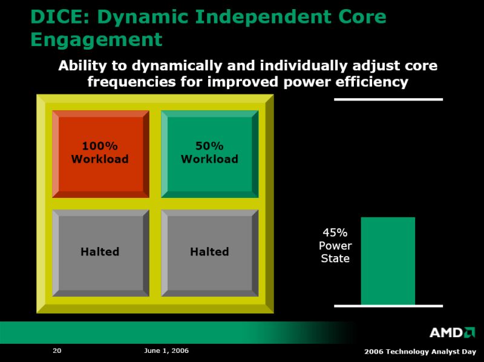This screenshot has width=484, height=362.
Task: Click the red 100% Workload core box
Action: (100, 154)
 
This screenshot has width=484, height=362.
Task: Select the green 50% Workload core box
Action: (210, 154)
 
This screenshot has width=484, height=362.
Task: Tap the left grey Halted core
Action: (100, 253)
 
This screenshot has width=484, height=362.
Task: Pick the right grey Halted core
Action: (210, 253)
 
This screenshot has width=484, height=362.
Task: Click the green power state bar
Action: (388, 262)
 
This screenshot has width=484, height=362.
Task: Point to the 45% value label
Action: (335, 232)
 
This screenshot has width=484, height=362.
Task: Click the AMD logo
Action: (452, 332)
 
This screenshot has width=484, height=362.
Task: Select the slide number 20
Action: (57, 350)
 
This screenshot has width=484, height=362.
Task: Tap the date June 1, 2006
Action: (166, 350)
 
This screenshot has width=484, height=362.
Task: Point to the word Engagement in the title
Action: (97, 40)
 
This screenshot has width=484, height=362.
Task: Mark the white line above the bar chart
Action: (388, 99)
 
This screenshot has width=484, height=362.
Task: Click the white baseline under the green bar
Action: (388, 306)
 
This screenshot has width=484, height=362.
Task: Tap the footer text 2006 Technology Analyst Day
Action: (420, 352)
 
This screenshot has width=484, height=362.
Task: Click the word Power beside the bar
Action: (335, 246)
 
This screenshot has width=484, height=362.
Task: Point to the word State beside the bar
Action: (335, 258)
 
